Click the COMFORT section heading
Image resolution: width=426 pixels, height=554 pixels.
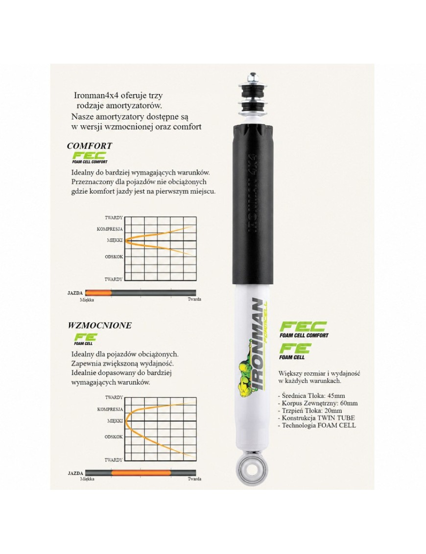point(90,145)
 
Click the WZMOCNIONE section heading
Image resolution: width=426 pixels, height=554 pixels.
point(99,325)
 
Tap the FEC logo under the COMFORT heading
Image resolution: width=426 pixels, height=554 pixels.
point(90,157)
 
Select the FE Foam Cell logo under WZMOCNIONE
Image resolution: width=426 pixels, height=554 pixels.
point(85,339)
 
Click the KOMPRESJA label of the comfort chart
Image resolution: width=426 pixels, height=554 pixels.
point(110,229)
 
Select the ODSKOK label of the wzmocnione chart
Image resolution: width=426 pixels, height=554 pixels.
point(114,437)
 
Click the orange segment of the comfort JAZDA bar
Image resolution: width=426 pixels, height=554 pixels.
point(98,293)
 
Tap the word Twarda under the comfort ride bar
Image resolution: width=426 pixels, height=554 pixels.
point(194,299)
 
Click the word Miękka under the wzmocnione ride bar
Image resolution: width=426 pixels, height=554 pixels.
point(87,479)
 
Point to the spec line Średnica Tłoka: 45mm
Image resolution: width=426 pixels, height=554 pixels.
point(312,396)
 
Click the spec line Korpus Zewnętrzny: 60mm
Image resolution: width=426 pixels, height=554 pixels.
point(318,403)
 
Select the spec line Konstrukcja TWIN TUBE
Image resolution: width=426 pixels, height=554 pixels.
point(316,418)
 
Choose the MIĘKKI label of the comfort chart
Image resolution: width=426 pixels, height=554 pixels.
point(115,240)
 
